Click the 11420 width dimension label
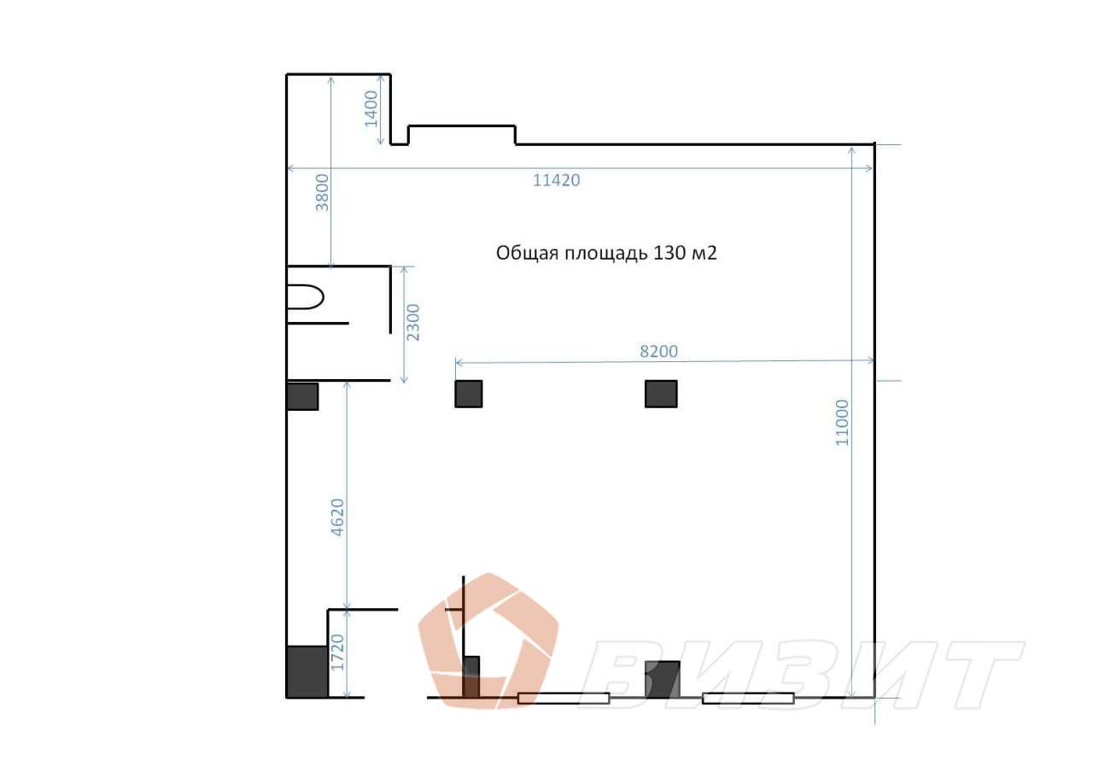pos(556,180)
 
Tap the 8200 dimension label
pos(658,351)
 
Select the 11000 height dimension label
pos(842,423)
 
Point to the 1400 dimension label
pos(371,108)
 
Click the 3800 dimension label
pos(323,193)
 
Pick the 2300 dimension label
pos(412,323)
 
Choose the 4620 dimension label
pos(337,518)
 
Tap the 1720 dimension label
pos(337,652)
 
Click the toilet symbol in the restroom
pos(305,297)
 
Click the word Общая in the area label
pos(528,254)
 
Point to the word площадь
pos(606,254)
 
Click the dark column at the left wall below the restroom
pos(302,396)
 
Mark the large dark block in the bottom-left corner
pos(307,671)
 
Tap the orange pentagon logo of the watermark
pos(488,640)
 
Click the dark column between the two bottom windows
pos(662,679)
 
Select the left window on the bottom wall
pos(564,699)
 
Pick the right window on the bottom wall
pos(748,699)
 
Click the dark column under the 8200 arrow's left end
pos(469,394)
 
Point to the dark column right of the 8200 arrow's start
pos(661,394)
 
